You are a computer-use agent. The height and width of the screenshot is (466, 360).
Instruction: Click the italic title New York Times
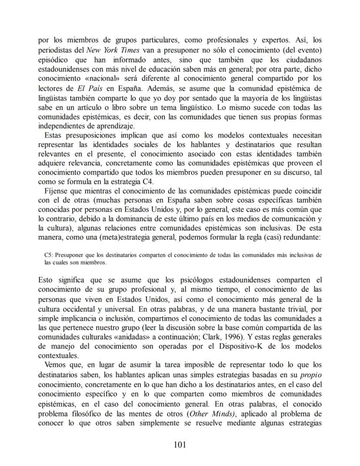point(111,50)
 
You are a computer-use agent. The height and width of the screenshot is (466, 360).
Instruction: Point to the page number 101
point(180,444)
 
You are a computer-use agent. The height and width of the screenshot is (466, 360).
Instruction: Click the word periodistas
point(57,50)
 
